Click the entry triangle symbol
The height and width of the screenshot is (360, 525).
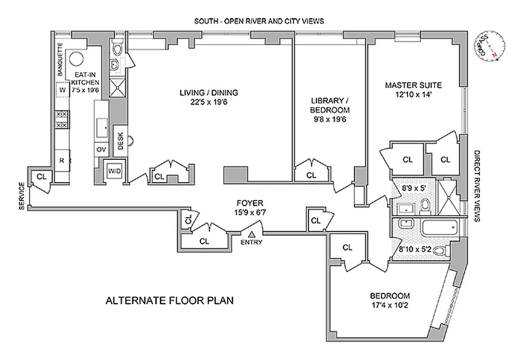pos(252,234)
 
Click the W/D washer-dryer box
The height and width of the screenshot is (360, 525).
pos(112,171)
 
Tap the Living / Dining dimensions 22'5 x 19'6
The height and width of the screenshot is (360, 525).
pos(208,102)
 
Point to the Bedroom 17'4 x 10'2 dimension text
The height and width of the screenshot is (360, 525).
pos(390,305)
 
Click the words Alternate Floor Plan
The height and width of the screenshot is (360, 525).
pos(170,301)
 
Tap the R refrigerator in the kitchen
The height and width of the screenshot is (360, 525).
pos(62,160)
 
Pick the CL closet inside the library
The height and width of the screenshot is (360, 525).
pos(311,175)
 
